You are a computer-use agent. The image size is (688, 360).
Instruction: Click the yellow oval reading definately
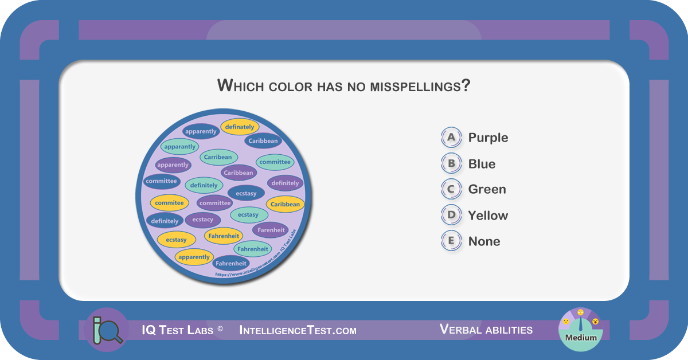click(x=240, y=127)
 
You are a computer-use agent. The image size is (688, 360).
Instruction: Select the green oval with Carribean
click(x=218, y=157)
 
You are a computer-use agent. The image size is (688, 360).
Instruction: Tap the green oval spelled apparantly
click(x=179, y=147)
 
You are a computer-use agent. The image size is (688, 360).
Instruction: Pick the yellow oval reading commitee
click(x=169, y=203)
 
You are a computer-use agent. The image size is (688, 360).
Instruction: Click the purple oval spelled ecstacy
click(x=203, y=220)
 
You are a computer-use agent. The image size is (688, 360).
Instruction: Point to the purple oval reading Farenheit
click(x=271, y=230)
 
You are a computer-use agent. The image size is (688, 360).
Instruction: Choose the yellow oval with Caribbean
click(x=285, y=204)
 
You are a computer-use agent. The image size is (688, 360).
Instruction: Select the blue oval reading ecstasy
click(x=246, y=194)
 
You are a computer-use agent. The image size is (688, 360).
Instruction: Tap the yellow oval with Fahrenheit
click(x=224, y=236)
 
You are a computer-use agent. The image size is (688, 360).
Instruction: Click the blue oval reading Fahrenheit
click(x=231, y=263)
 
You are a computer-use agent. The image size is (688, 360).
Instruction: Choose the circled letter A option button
click(x=451, y=138)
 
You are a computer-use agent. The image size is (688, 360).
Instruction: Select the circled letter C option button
click(x=451, y=189)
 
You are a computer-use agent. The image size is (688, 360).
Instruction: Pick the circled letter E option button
click(x=451, y=241)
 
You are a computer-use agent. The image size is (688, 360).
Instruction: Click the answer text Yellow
click(x=488, y=216)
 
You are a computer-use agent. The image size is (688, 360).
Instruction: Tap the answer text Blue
click(x=482, y=164)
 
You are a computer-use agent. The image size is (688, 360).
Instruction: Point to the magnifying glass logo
click(x=107, y=330)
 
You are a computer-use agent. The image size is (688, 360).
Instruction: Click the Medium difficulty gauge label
click(x=581, y=338)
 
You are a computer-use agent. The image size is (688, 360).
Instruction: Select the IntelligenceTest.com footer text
click(x=298, y=330)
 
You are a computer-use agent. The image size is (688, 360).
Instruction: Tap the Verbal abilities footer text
click(x=486, y=329)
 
